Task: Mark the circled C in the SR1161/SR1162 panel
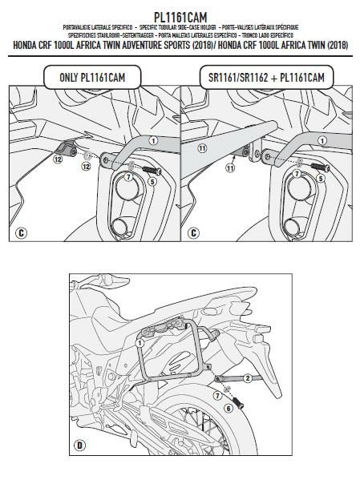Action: click(192, 233)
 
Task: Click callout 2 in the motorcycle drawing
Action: click(249, 377)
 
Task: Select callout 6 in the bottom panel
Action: click(228, 409)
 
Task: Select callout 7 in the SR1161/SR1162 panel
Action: click(297, 173)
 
